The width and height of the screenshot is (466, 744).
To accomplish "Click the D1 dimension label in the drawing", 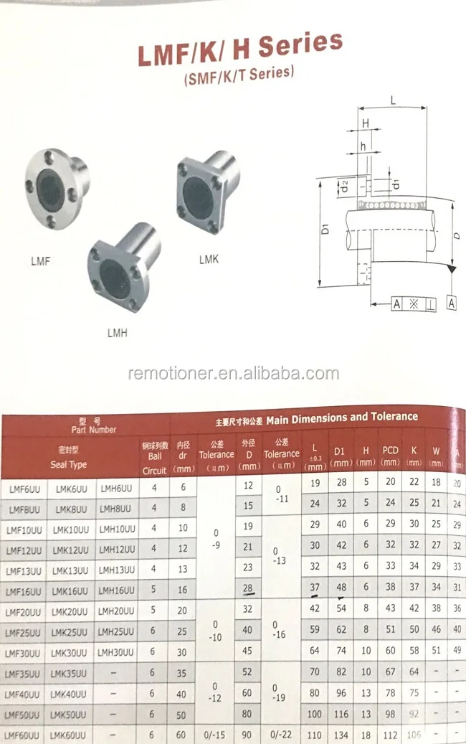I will (325, 230).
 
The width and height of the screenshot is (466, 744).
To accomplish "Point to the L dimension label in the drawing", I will (393, 101).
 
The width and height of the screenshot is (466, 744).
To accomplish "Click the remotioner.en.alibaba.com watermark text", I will (233, 373).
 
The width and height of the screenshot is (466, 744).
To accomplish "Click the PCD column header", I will (390, 456).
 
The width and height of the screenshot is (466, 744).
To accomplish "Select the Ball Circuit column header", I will (155, 458).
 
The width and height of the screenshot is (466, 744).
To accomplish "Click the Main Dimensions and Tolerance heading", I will (316, 418).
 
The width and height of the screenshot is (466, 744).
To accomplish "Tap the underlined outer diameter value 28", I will (248, 589).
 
